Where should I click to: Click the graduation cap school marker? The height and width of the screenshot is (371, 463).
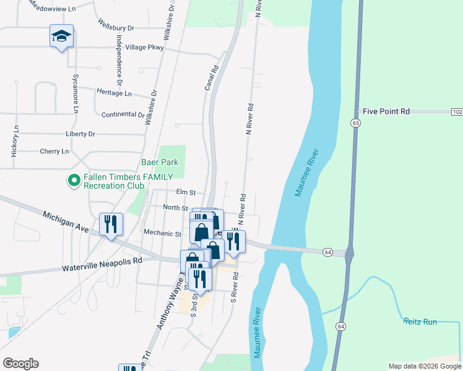click(x=62, y=37)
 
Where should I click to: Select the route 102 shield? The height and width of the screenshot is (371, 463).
click(x=456, y=111)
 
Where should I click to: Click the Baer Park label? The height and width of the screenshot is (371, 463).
click(x=160, y=162)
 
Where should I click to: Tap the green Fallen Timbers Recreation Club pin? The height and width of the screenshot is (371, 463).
click(x=74, y=181)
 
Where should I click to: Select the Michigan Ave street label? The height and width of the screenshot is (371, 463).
click(x=66, y=222)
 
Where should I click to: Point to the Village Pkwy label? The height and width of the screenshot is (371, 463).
click(x=144, y=47)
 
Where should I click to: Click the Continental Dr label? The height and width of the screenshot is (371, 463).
click(x=123, y=114)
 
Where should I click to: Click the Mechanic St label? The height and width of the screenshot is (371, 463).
click(x=162, y=234)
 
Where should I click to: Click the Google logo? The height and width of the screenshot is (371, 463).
click(x=20, y=364)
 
